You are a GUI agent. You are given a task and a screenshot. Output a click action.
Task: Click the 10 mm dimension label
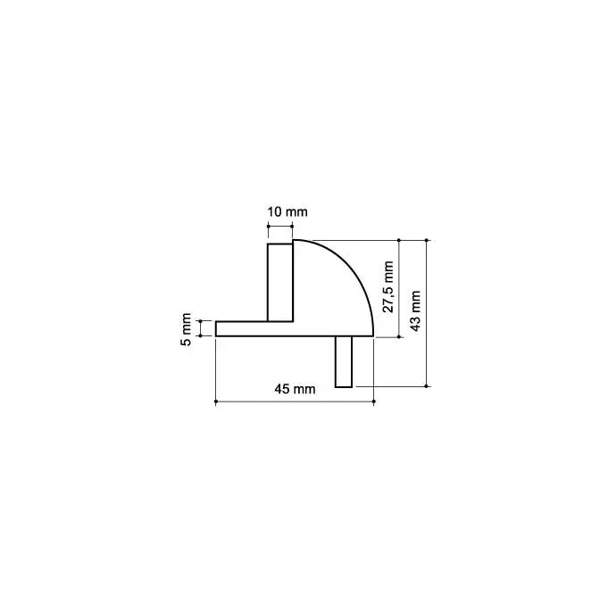coord(287,212)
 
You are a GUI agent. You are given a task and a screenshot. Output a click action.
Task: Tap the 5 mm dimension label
coord(187,329)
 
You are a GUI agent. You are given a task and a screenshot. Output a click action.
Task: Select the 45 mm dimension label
coord(295,389)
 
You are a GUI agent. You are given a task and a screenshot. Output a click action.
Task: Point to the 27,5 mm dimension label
coord(388,287)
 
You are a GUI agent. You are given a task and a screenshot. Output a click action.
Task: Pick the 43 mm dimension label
coord(415,311)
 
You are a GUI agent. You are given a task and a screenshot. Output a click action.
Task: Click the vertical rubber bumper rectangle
coord(280,283)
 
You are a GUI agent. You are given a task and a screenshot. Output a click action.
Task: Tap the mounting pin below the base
coord(344,361)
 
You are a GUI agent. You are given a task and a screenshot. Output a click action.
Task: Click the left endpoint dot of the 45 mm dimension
coord(216,401)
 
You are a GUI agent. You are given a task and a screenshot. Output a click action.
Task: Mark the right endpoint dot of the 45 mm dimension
coord(374,401)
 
